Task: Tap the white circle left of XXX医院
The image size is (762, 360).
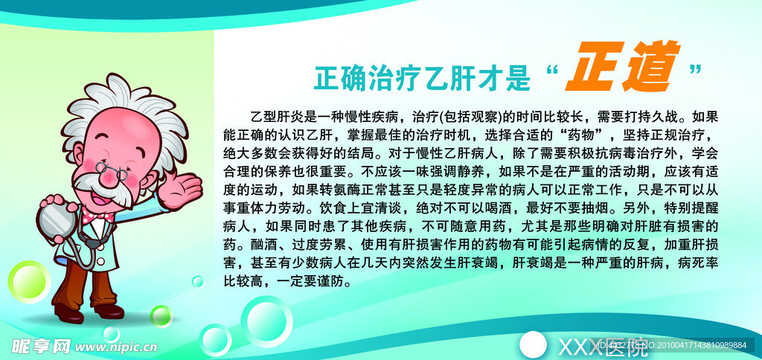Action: tap(533, 344)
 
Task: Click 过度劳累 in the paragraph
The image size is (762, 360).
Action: tap(326, 246)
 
